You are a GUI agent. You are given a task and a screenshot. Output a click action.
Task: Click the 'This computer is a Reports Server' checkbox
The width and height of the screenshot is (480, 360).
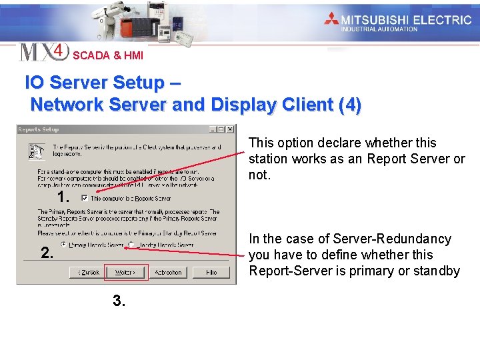(84, 198)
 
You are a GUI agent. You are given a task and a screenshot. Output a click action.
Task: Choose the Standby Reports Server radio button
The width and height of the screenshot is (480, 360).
(131, 245)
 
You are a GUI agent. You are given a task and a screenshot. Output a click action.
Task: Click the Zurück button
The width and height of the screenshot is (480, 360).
(89, 272)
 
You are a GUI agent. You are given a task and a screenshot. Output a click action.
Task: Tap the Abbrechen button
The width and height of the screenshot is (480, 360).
(168, 272)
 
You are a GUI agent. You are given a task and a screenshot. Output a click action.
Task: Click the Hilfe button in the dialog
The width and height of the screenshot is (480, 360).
(211, 272)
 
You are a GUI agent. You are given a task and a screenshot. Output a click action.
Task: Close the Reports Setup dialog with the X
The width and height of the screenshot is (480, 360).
(229, 129)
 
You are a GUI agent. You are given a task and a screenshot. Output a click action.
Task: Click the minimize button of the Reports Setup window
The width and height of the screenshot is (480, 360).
(213, 129)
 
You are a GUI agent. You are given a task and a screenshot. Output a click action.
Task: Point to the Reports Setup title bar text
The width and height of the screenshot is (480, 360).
(39, 129)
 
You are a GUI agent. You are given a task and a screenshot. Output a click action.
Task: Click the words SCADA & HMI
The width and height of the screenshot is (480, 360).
(107, 56)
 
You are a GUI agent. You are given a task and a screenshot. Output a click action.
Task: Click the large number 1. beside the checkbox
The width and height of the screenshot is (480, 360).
(64, 197)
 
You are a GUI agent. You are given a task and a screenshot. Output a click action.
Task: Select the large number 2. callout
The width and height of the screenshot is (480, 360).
(47, 253)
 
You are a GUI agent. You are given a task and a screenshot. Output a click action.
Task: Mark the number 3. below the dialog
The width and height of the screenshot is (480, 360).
(119, 301)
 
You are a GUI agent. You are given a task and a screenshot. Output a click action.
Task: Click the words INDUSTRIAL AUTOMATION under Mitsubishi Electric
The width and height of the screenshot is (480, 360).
(379, 29)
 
